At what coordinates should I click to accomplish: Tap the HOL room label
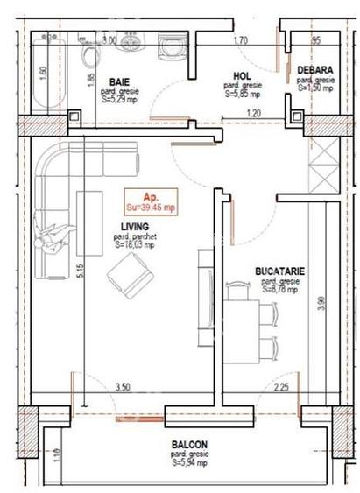(x=243, y=76)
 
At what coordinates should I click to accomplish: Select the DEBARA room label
(x=313, y=69)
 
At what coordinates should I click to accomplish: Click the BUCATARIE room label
(x=279, y=271)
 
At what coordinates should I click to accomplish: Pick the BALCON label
(x=188, y=444)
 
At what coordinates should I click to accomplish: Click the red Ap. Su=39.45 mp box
(x=150, y=201)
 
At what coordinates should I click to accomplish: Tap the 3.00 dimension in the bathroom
(x=109, y=40)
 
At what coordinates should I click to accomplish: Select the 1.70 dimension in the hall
(x=241, y=40)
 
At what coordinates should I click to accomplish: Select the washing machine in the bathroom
(x=164, y=50)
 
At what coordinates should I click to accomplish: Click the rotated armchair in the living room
(x=124, y=280)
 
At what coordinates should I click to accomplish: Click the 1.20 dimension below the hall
(x=253, y=115)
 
